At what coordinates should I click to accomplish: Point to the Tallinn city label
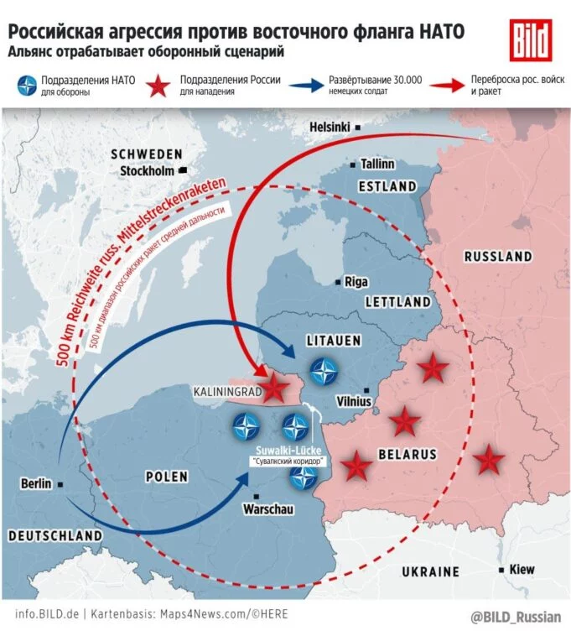point(377,164)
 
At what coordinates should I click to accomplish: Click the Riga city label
point(356,282)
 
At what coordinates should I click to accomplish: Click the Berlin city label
point(37,483)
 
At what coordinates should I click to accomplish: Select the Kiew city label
point(522,570)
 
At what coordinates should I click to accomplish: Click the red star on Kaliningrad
point(273,388)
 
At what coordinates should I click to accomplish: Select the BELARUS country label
point(408,454)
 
